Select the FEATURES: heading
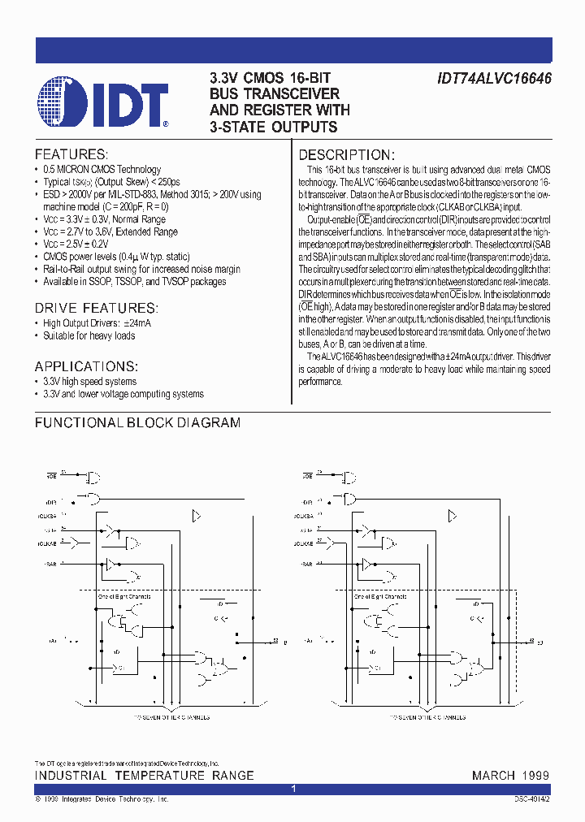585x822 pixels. click(71, 154)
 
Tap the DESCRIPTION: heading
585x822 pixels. click(347, 155)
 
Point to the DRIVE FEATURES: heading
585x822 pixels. click(96, 308)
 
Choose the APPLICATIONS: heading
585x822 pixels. click(86, 366)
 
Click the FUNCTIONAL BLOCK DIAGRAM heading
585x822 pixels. click(137, 423)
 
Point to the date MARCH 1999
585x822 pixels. click(510, 776)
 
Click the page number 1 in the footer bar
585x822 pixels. click(292, 789)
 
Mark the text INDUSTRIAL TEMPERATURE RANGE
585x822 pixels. click(144, 776)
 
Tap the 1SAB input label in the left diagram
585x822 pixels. click(47, 562)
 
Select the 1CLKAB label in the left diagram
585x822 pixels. click(46, 541)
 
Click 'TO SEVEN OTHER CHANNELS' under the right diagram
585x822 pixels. click(428, 717)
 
